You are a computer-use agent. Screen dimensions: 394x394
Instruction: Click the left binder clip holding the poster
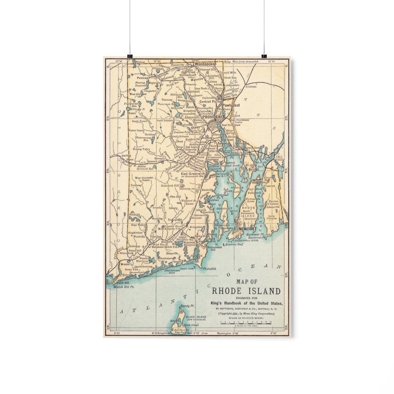(130, 56)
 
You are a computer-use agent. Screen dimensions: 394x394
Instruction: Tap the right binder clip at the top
(264, 56)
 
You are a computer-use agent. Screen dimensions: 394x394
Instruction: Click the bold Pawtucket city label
(232, 105)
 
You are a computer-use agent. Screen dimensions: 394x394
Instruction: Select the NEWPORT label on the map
(247, 229)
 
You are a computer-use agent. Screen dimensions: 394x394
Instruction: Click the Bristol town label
(254, 169)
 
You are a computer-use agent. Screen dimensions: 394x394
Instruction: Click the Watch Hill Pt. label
(124, 287)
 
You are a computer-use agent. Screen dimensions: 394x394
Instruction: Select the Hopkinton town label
(135, 232)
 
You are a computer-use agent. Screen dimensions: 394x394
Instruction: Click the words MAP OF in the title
(247, 282)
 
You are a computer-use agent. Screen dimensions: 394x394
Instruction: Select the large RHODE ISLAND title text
(247, 291)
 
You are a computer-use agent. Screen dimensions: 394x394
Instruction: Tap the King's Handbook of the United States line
(247, 303)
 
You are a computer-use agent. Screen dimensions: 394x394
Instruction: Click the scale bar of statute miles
(246, 323)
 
